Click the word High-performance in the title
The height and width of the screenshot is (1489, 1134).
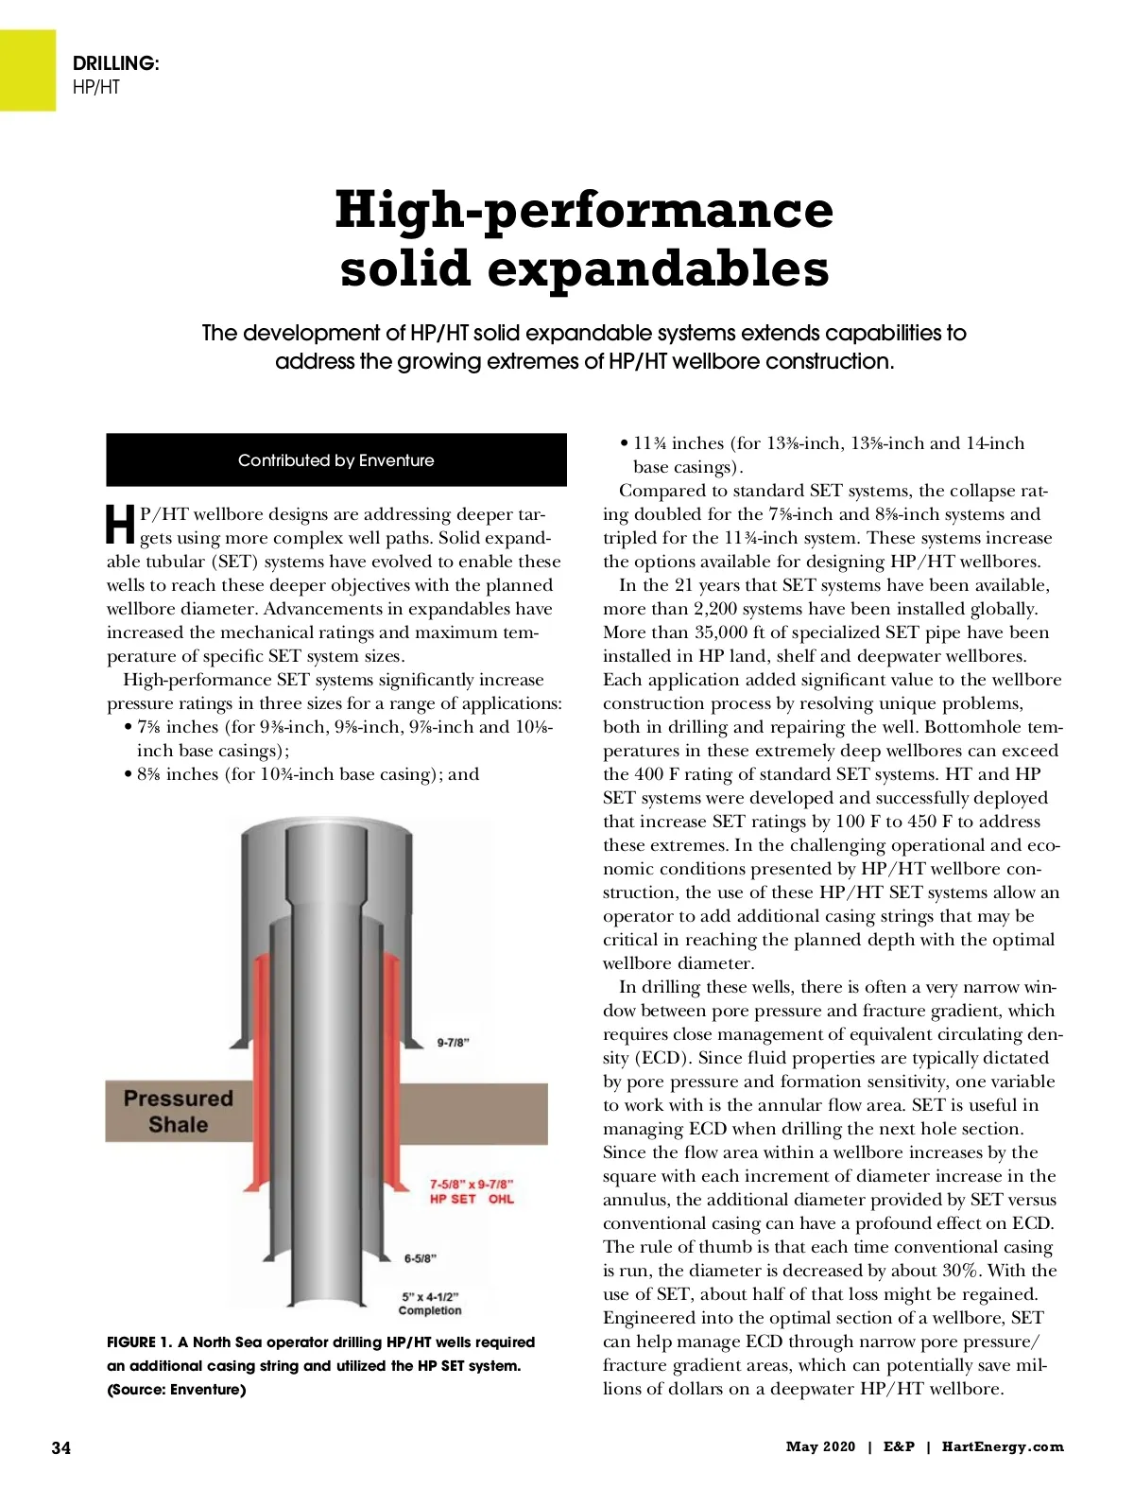pos(584,210)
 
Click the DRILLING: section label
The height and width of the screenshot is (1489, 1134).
pos(116,63)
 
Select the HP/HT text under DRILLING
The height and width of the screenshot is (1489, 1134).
pos(96,87)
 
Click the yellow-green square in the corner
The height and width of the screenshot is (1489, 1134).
pos(27,70)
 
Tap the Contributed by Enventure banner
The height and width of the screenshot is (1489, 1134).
pos(336,460)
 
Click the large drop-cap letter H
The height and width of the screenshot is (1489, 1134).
pos(120,525)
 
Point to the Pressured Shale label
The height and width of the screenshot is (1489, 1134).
pos(178,1111)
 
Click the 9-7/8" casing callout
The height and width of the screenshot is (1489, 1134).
pos(454,1043)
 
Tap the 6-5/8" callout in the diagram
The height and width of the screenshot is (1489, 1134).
pos(421,1258)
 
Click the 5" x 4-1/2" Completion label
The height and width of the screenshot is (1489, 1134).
pos(430,1304)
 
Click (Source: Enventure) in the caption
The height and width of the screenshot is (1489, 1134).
pos(177,1390)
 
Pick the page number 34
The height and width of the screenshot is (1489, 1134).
pos(60,1447)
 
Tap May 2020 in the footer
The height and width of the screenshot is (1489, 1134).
pos(820,1446)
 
